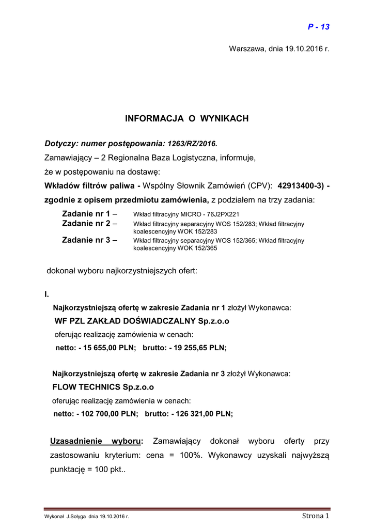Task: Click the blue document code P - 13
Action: coord(318,27)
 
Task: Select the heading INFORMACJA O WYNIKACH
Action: coord(186,119)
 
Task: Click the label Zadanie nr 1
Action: coord(86,213)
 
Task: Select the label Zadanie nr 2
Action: coord(86,224)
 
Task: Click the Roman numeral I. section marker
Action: coord(47,294)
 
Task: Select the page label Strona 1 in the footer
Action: coord(315,516)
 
